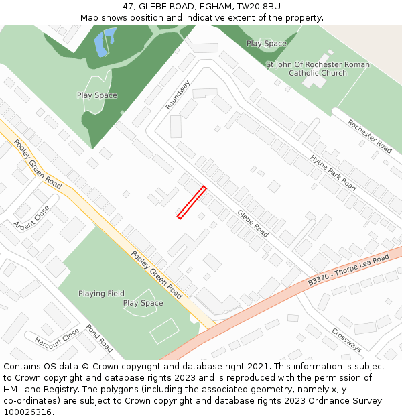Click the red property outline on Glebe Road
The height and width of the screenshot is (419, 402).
pos(192,202)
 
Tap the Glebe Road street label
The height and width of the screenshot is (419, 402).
pos(253,223)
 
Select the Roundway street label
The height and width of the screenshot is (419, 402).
pos(178,95)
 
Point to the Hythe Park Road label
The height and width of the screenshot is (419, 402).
pos(333,172)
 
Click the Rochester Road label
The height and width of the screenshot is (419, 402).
pos(370,136)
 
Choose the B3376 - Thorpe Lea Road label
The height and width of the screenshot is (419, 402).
pos(348,270)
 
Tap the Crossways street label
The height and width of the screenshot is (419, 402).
pos(346,340)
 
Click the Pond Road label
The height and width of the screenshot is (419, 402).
pos(99,339)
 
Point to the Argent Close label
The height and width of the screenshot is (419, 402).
pos(31,215)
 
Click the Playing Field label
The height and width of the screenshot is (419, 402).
pos(101,294)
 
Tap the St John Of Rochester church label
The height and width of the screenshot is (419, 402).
pos(318,69)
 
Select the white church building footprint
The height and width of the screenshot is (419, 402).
pos(315,79)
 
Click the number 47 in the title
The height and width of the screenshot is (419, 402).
pos(128,7)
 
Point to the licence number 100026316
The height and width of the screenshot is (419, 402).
pos(27,412)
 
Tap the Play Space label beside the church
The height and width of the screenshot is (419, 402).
pos(266,44)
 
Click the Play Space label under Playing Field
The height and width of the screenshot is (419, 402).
pos(143,304)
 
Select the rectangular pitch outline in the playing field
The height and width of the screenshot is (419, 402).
pos(164,331)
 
